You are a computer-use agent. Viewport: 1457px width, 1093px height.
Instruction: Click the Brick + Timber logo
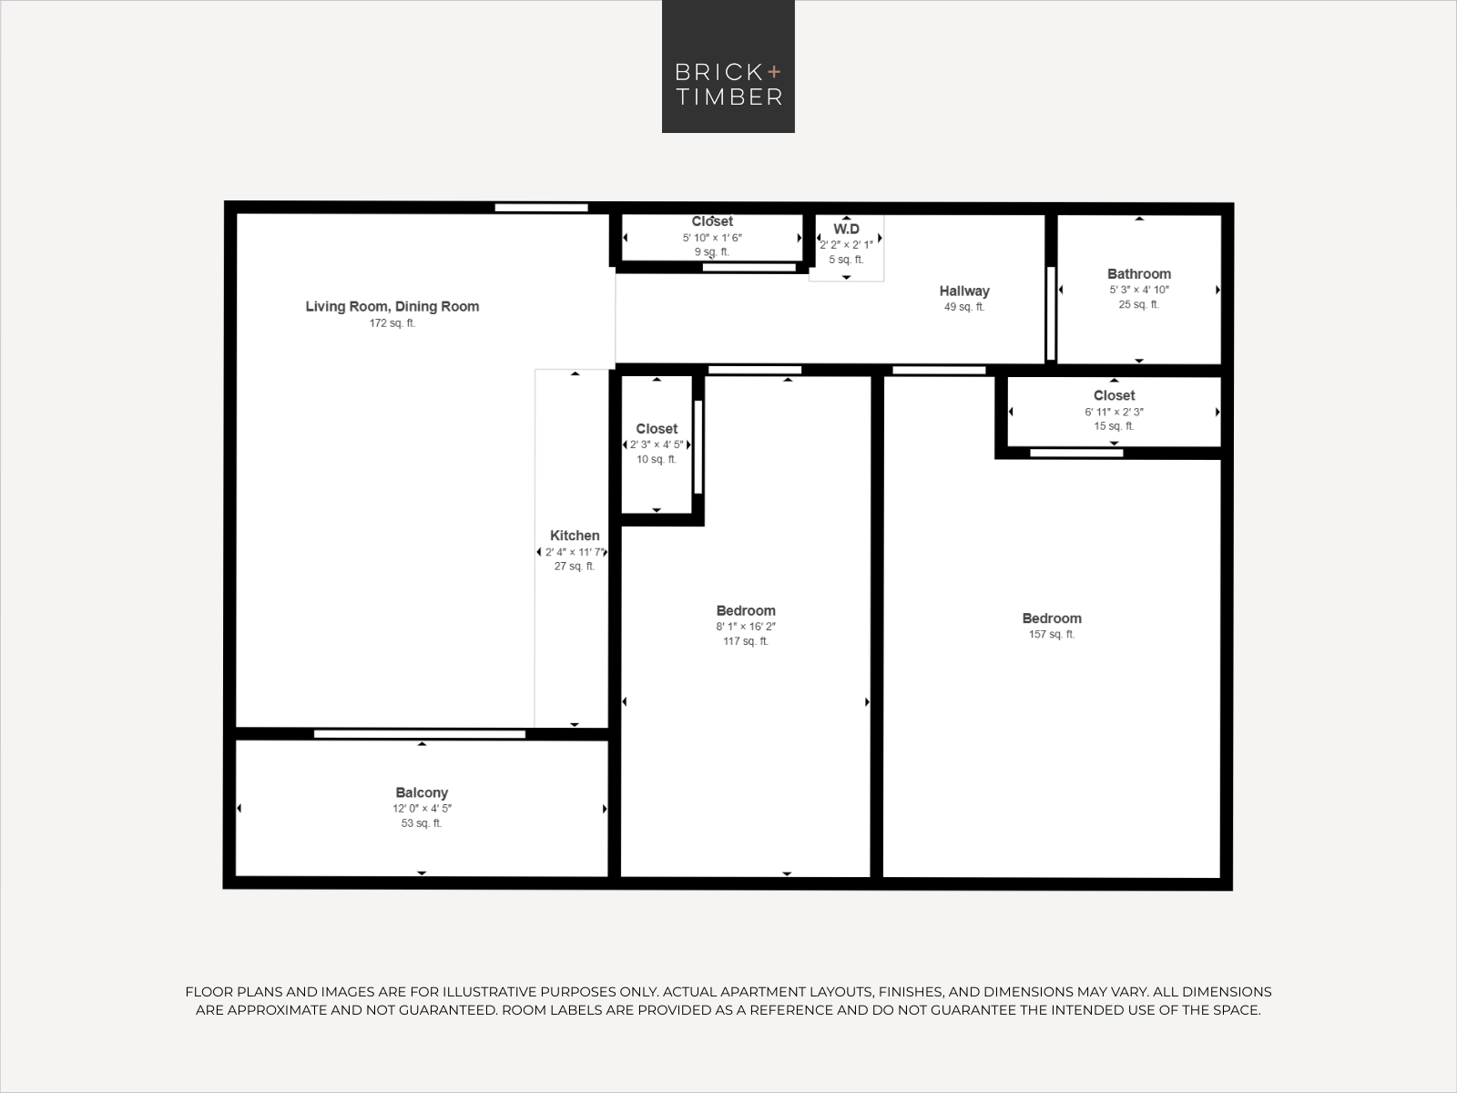pos(728,66)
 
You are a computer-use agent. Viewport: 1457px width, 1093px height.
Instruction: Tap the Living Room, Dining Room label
pos(392,307)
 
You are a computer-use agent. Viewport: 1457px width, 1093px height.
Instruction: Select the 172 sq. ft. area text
pos(392,323)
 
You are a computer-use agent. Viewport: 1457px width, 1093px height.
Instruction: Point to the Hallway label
pos(964,291)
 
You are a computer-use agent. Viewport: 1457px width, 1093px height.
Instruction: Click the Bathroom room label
pos(1139,273)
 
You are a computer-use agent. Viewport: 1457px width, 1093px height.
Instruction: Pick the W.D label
pos(846,229)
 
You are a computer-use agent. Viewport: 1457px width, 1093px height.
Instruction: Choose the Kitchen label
pos(575,536)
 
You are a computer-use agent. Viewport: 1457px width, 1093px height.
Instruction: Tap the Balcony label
pos(422,792)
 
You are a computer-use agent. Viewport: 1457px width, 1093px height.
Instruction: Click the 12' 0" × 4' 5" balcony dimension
pos(422,808)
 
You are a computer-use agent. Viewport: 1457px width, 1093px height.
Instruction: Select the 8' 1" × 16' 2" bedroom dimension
pos(746,627)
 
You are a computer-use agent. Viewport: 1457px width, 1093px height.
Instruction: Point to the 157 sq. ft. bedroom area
pos(1052,635)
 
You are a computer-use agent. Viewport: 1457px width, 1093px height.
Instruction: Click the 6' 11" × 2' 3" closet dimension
pos(1114,412)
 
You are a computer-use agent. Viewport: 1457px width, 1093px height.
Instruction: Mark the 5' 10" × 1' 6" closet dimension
pos(712,238)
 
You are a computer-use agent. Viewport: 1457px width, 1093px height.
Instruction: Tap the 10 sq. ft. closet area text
pos(657,459)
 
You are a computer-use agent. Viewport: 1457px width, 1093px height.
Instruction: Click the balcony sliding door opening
pos(420,734)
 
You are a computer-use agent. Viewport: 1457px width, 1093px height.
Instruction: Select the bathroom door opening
pos(1051,313)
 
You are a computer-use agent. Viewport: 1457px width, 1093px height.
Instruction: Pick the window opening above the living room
pos(542,208)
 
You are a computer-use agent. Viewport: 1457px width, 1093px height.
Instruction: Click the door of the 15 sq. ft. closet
pos(1076,454)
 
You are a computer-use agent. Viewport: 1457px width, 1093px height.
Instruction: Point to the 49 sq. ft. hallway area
pos(964,307)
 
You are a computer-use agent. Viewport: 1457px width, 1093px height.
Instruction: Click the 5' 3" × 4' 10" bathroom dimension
pos(1139,290)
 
